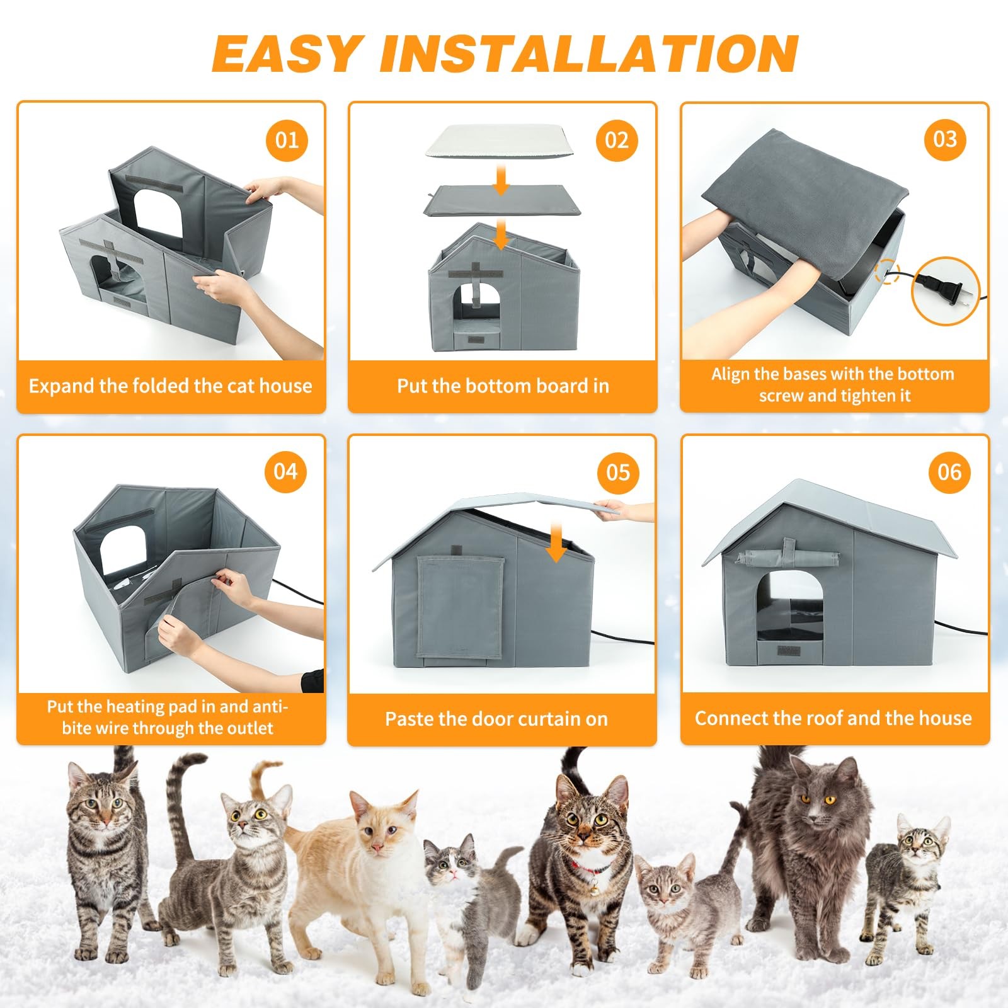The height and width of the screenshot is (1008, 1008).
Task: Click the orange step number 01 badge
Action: click(287, 140)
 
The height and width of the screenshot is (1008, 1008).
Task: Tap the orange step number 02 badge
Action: click(617, 140)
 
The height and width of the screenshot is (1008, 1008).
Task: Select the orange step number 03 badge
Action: click(945, 139)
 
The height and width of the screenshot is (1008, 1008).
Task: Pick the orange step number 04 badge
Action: click(285, 471)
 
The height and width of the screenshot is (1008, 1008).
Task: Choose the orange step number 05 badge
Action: click(618, 472)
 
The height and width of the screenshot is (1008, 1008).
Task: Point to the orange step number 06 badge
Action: click(949, 472)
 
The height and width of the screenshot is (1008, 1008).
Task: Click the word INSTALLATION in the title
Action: click(588, 54)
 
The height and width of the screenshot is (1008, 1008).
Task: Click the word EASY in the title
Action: click(287, 54)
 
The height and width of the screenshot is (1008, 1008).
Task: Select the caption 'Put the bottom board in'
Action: click(503, 386)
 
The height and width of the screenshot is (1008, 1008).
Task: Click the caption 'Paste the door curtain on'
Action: click(496, 719)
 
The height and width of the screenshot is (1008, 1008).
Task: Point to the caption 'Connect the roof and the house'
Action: click(833, 718)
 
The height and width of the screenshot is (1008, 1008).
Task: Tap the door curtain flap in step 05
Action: click(461, 606)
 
